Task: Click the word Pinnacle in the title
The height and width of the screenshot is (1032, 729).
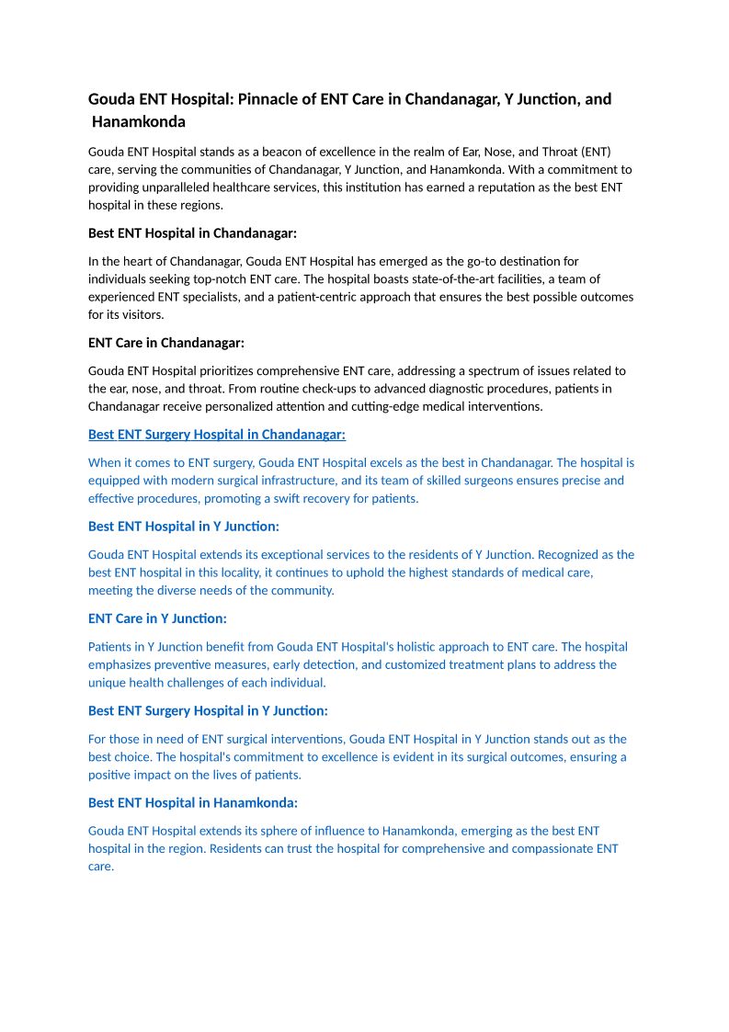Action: click(x=268, y=99)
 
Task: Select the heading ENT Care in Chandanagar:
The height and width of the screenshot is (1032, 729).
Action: click(x=166, y=343)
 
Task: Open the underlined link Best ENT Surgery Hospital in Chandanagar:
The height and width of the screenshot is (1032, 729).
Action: click(x=217, y=435)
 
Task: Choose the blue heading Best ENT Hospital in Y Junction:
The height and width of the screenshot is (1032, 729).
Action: click(x=184, y=527)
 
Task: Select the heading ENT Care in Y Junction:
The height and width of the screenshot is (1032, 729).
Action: click(x=157, y=618)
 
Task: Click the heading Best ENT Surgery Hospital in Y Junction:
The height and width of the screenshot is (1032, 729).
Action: click(x=208, y=710)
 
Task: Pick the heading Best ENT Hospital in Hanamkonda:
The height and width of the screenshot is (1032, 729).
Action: click(x=193, y=802)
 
